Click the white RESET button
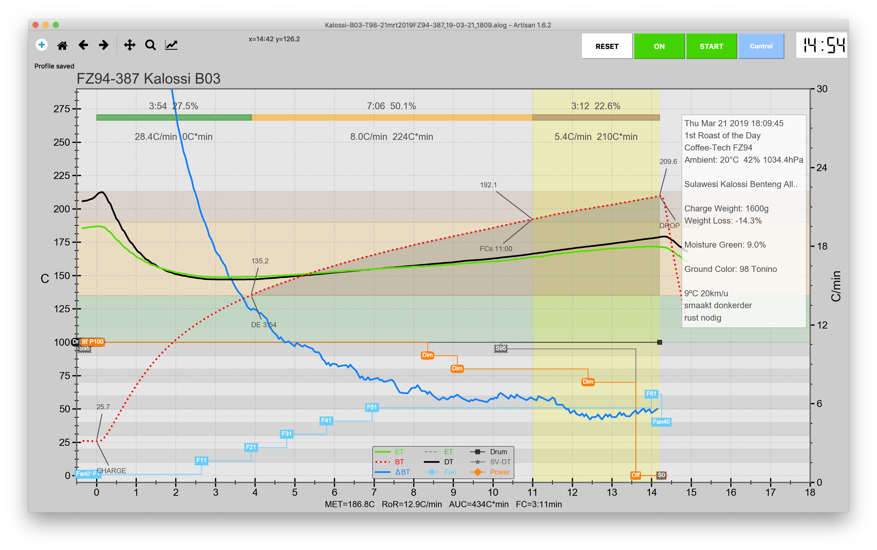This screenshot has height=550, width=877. (607, 46)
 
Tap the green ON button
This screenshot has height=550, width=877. (659, 46)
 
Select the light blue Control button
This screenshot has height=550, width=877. (761, 46)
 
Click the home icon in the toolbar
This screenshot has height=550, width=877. (62, 45)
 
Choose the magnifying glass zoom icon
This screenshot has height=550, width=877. (150, 45)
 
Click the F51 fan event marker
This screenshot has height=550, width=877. (372, 407)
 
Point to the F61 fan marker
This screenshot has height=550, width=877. (651, 394)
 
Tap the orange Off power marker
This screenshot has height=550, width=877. (635, 475)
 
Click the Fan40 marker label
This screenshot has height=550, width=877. (661, 421)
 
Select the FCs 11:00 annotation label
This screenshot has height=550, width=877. (496, 249)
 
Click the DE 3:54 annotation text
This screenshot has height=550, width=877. (263, 325)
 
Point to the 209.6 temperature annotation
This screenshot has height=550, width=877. (668, 161)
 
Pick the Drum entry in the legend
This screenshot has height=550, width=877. (498, 452)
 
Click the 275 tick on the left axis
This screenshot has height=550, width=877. (62, 109)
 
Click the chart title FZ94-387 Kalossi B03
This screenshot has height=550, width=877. (149, 79)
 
